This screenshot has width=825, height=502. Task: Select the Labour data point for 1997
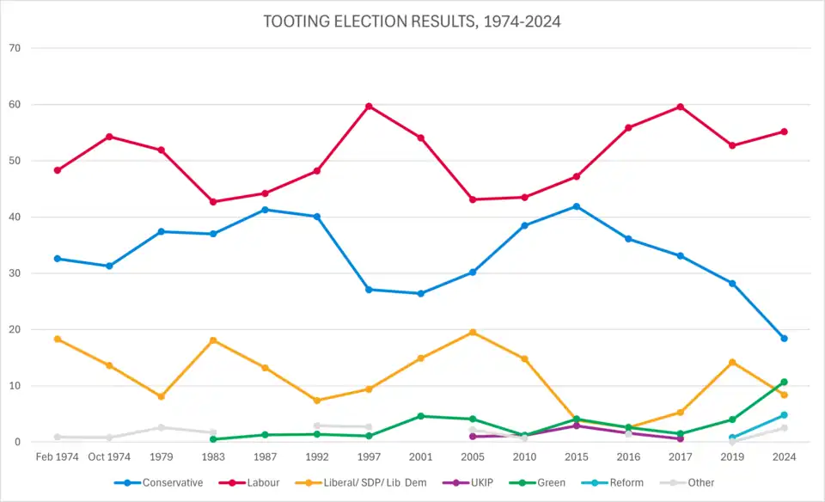click(369, 107)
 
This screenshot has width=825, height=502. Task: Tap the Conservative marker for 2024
click(784, 339)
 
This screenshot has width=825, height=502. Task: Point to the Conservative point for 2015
click(576, 206)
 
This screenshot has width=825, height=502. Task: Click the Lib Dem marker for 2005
click(473, 333)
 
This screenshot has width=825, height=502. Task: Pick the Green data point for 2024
click(784, 382)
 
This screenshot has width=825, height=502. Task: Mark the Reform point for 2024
click(784, 415)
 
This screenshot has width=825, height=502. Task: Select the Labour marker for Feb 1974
click(58, 170)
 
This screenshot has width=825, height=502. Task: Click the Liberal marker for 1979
click(161, 396)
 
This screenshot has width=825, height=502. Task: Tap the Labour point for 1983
click(213, 202)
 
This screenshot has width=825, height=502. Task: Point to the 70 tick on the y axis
click(15, 48)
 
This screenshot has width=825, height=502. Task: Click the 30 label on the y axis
click(15, 273)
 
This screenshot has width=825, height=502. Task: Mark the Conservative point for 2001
click(420, 294)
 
